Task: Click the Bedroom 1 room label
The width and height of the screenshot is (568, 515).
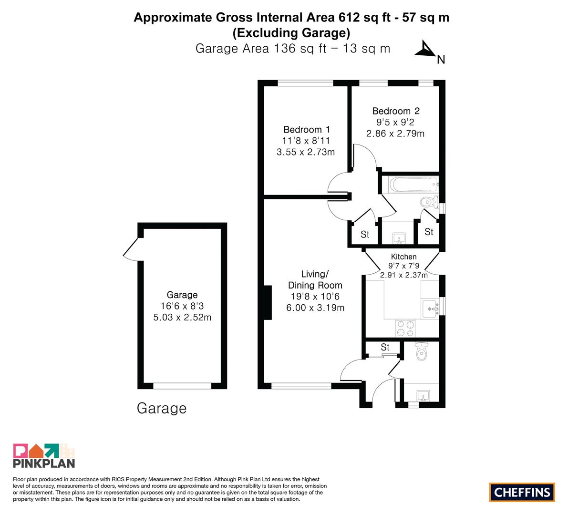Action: click(307, 129)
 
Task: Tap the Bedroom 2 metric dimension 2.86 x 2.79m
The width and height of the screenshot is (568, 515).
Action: click(395, 134)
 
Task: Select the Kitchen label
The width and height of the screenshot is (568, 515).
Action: click(403, 257)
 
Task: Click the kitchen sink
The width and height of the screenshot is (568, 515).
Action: click(431, 309)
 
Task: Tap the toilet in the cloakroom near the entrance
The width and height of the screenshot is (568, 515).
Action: click(421, 350)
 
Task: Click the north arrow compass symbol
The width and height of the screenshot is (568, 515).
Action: click(428, 51)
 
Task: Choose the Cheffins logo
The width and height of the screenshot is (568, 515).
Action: click(522, 492)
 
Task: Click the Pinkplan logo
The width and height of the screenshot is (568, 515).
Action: click(44, 455)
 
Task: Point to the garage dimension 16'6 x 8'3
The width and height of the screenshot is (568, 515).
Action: click(182, 306)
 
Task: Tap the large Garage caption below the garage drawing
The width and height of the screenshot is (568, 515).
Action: click(162, 409)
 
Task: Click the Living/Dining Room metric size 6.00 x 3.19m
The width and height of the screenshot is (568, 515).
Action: click(315, 308)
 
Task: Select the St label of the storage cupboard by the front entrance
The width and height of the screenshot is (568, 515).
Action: click(385, 347)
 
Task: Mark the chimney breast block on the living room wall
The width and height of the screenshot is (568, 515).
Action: click(268, 302)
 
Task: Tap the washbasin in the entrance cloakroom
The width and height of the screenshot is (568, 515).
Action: click(423, 395)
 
